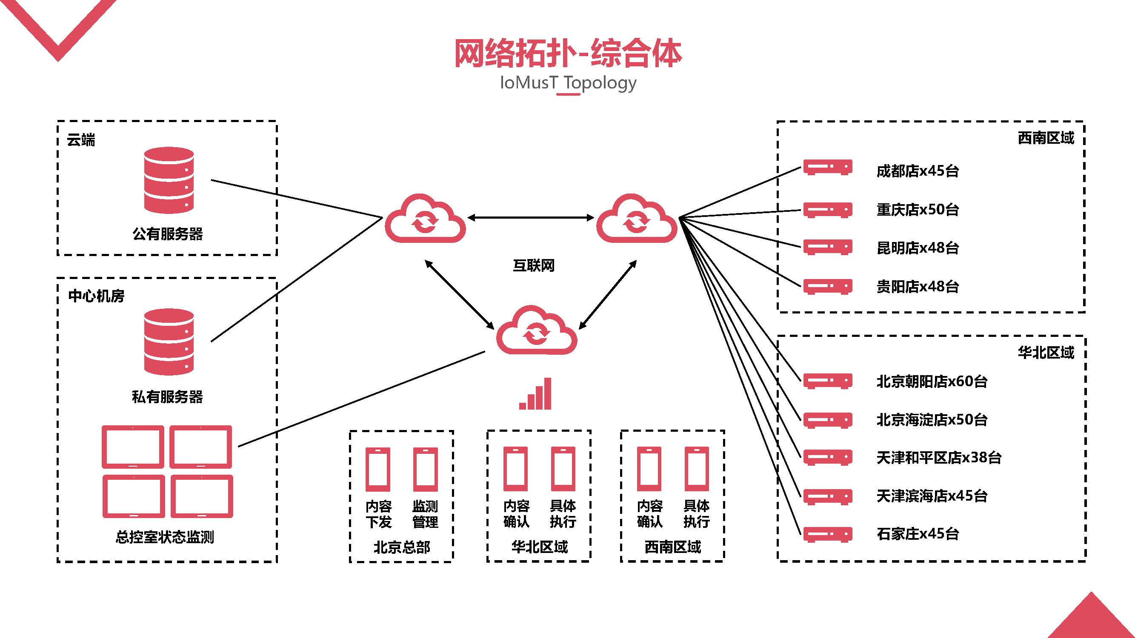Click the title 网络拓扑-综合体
click(568, 54)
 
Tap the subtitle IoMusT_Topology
click(568, 83)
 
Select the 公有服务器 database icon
click(169, 180)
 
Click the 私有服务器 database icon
click(169, 342)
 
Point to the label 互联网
click(534, 265)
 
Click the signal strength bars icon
click(535, 394)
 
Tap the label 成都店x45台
click(918, 171)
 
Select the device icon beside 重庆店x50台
click(827, 210)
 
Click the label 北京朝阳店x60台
click(932, 381)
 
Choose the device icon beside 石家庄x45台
click(827, 535)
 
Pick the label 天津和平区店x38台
click(938, 458)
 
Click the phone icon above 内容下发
click(378, 470)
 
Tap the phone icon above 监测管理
click(425, 470)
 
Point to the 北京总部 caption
click(401, 547)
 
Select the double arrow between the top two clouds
click(531, 217)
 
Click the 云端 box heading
click(80, 140)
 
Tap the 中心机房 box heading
click(96, 296)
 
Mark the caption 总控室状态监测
click(165, 537)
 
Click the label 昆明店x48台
click(918, 248)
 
